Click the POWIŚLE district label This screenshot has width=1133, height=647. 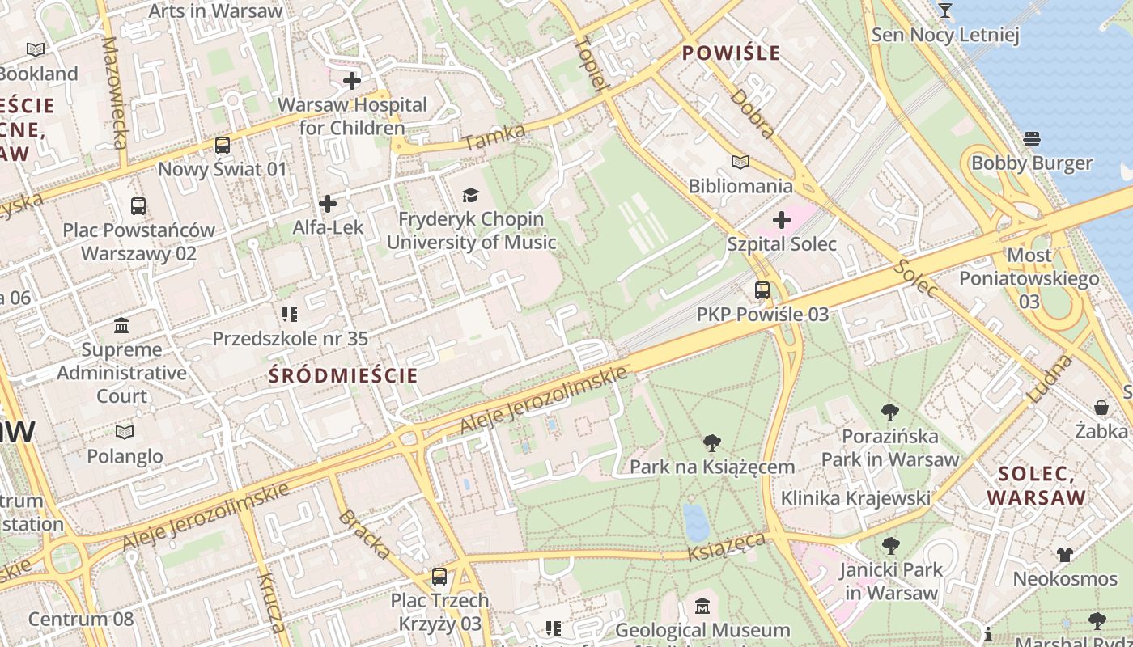[732, 53]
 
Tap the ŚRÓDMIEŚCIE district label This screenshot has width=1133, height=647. [343, 375]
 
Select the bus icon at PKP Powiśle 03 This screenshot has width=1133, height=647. [762, 290]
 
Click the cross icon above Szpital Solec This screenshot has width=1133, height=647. [782, 219]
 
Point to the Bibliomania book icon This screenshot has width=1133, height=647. [740, 162]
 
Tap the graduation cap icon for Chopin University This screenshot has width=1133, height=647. [470, 195]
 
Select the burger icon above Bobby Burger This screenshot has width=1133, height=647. [1032, 139]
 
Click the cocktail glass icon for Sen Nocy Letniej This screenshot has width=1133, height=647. [944, 11]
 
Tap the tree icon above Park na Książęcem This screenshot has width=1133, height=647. [712, 442]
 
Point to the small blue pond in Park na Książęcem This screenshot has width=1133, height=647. [696, 522]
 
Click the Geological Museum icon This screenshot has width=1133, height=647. [702, 606]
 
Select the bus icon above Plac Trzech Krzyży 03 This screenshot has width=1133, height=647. [439, 577]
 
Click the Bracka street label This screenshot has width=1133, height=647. [364, 534]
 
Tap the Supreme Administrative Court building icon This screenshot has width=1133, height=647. [121, 326]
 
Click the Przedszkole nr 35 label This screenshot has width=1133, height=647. [290, 338]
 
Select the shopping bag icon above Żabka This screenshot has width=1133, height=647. [1101, 407]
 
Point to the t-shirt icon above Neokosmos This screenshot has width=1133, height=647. [1064, 555]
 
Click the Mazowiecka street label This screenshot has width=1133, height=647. [115, 93]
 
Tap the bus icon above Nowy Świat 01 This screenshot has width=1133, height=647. [222, 146]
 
